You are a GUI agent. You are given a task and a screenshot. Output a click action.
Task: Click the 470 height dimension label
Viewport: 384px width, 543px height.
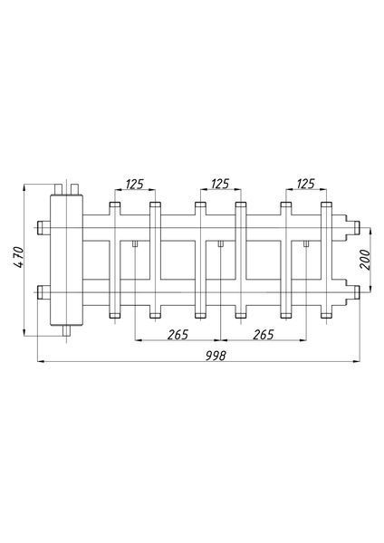click(x=19, y=257)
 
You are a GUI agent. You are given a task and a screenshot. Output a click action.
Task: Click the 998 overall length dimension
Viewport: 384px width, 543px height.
click(x=216, y=356)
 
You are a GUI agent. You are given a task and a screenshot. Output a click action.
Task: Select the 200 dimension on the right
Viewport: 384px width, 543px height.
click(x=365, y=260)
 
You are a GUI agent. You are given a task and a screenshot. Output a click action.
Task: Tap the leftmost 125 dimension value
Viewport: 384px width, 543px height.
click(x=134, y=184)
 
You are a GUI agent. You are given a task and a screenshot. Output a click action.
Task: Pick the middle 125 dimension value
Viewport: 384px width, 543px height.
click(x=220, y=184)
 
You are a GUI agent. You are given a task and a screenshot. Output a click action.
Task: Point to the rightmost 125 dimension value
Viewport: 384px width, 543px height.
click(x=306, y=184)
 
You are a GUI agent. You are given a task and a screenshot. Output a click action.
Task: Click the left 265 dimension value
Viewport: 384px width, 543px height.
click(x=178, y=335)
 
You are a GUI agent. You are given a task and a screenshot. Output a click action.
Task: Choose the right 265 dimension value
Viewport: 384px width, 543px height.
click(x=264, y=335)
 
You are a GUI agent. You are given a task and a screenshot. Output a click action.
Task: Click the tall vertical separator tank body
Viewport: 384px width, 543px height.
click(x=66, y=260)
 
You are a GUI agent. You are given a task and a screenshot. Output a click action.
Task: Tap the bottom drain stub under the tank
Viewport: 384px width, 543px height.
click(x=66, y=330)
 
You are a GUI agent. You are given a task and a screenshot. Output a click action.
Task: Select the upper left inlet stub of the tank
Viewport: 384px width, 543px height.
click(x=43, y=227)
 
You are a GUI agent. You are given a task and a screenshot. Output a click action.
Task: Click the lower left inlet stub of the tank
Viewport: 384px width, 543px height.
click(x=43, y=292)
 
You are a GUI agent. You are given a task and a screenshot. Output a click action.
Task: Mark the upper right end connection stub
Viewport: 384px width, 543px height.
click(x=356, y=227)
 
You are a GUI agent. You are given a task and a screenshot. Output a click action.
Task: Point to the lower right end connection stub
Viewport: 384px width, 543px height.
click(x=356, y=292)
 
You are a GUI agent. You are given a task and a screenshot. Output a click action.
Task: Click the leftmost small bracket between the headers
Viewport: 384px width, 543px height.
click(x=135, y=243)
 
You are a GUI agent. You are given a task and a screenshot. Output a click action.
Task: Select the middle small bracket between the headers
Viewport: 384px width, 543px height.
click(x=220, y=243)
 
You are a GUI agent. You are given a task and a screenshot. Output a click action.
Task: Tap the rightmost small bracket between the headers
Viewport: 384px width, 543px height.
click(x=306, y=243)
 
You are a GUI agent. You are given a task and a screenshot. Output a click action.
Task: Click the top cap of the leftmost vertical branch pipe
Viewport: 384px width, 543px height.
click(x=115, y=205)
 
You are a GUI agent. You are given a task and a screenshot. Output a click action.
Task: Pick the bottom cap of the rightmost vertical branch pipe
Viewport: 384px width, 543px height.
click(x=326, y=315)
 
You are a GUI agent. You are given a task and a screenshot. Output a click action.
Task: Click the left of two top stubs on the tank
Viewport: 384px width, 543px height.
click(x=58, y=189)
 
